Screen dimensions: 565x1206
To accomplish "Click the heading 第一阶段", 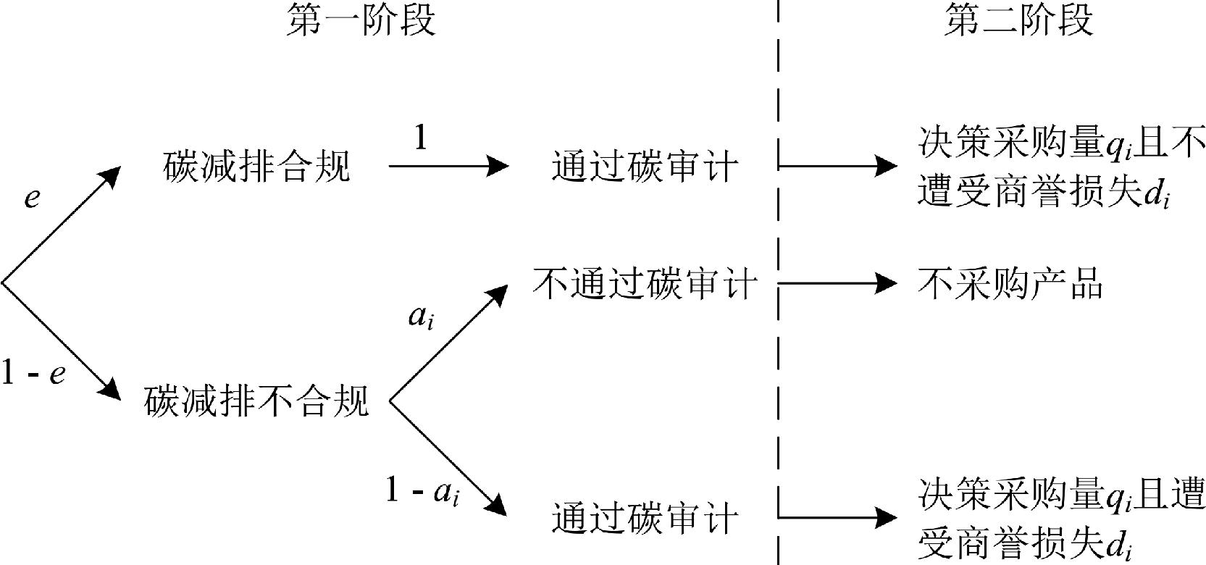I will pos(361,21).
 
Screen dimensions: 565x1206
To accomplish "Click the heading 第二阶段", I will pos(1018,21).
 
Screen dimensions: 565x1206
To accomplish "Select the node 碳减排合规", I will pos(256,166).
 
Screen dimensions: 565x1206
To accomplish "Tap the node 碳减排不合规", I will pos(256,401).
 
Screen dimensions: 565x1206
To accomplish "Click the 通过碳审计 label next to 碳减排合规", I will pos(644,166).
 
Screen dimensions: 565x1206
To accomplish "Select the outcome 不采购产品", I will pos(1010,283).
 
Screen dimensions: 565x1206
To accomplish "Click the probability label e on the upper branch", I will pos(31,197).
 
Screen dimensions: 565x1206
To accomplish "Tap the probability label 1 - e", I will pos(34,374).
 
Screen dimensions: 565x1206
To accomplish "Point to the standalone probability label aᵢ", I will pos(421,317).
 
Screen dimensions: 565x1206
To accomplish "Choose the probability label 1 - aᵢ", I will pos(423,493).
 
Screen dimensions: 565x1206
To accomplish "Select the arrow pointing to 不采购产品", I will pos(837,283).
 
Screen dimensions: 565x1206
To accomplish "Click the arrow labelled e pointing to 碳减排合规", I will pos(62,225).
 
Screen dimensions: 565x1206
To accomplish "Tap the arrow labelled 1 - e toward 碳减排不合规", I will pos(62,341).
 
